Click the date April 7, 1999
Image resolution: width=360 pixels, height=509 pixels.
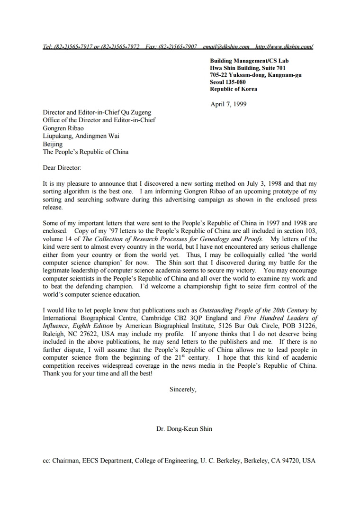pyautogui.click(x=228, y=104)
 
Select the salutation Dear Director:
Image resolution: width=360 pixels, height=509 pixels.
pyautogui.click(x=62, y=168)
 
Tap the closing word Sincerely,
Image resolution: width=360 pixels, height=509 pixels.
pyautogui.click(x=183, y=389)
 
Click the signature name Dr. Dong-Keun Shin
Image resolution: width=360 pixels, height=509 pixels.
pyautogui.click(x=184, y=429)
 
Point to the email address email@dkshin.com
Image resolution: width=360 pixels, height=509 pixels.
pyautogui.click(x=226, y=47)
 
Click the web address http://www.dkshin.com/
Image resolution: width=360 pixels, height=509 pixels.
pyautogui.click(x=284, y=47)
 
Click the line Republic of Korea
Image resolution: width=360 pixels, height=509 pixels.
pyautogui.click(x=234, y=89)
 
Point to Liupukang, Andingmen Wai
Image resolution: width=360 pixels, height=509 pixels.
pyautogui.click(x=81, y=136)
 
